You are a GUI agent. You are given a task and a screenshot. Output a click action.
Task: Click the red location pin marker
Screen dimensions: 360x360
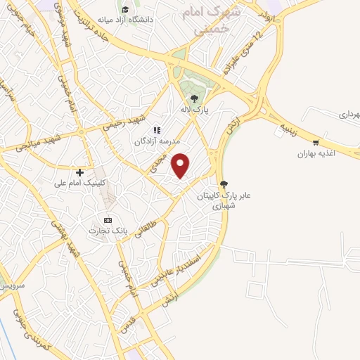(181, 165)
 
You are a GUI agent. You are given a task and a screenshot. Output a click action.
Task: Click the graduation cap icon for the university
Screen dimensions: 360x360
(124, 9)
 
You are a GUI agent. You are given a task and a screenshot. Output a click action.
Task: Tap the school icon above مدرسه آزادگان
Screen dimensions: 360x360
(157, 130)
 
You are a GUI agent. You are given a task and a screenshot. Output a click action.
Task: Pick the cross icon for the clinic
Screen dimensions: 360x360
(79, 172)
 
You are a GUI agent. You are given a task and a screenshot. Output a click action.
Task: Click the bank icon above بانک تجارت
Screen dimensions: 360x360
(108, 219)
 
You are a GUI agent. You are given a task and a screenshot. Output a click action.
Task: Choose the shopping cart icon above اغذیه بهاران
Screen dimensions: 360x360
(316, 141)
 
